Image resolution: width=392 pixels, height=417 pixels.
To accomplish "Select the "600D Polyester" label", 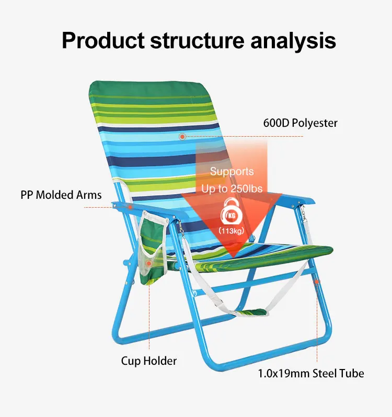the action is (300, 123).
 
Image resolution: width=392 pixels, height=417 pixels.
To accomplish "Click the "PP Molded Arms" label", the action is (61, 195).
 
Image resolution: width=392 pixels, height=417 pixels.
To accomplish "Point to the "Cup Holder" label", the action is (149, 361).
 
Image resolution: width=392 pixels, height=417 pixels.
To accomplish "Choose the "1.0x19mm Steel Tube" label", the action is (311, 373).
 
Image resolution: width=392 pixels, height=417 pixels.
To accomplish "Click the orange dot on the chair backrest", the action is (182, 136).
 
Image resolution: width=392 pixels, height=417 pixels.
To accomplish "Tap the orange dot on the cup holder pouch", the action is (149, 264).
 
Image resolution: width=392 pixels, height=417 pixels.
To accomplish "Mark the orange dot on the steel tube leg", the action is (317, 282).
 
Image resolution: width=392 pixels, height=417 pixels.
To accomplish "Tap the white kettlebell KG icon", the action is (231, 213).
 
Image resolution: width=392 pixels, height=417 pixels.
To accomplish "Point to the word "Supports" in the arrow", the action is (232, 172).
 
